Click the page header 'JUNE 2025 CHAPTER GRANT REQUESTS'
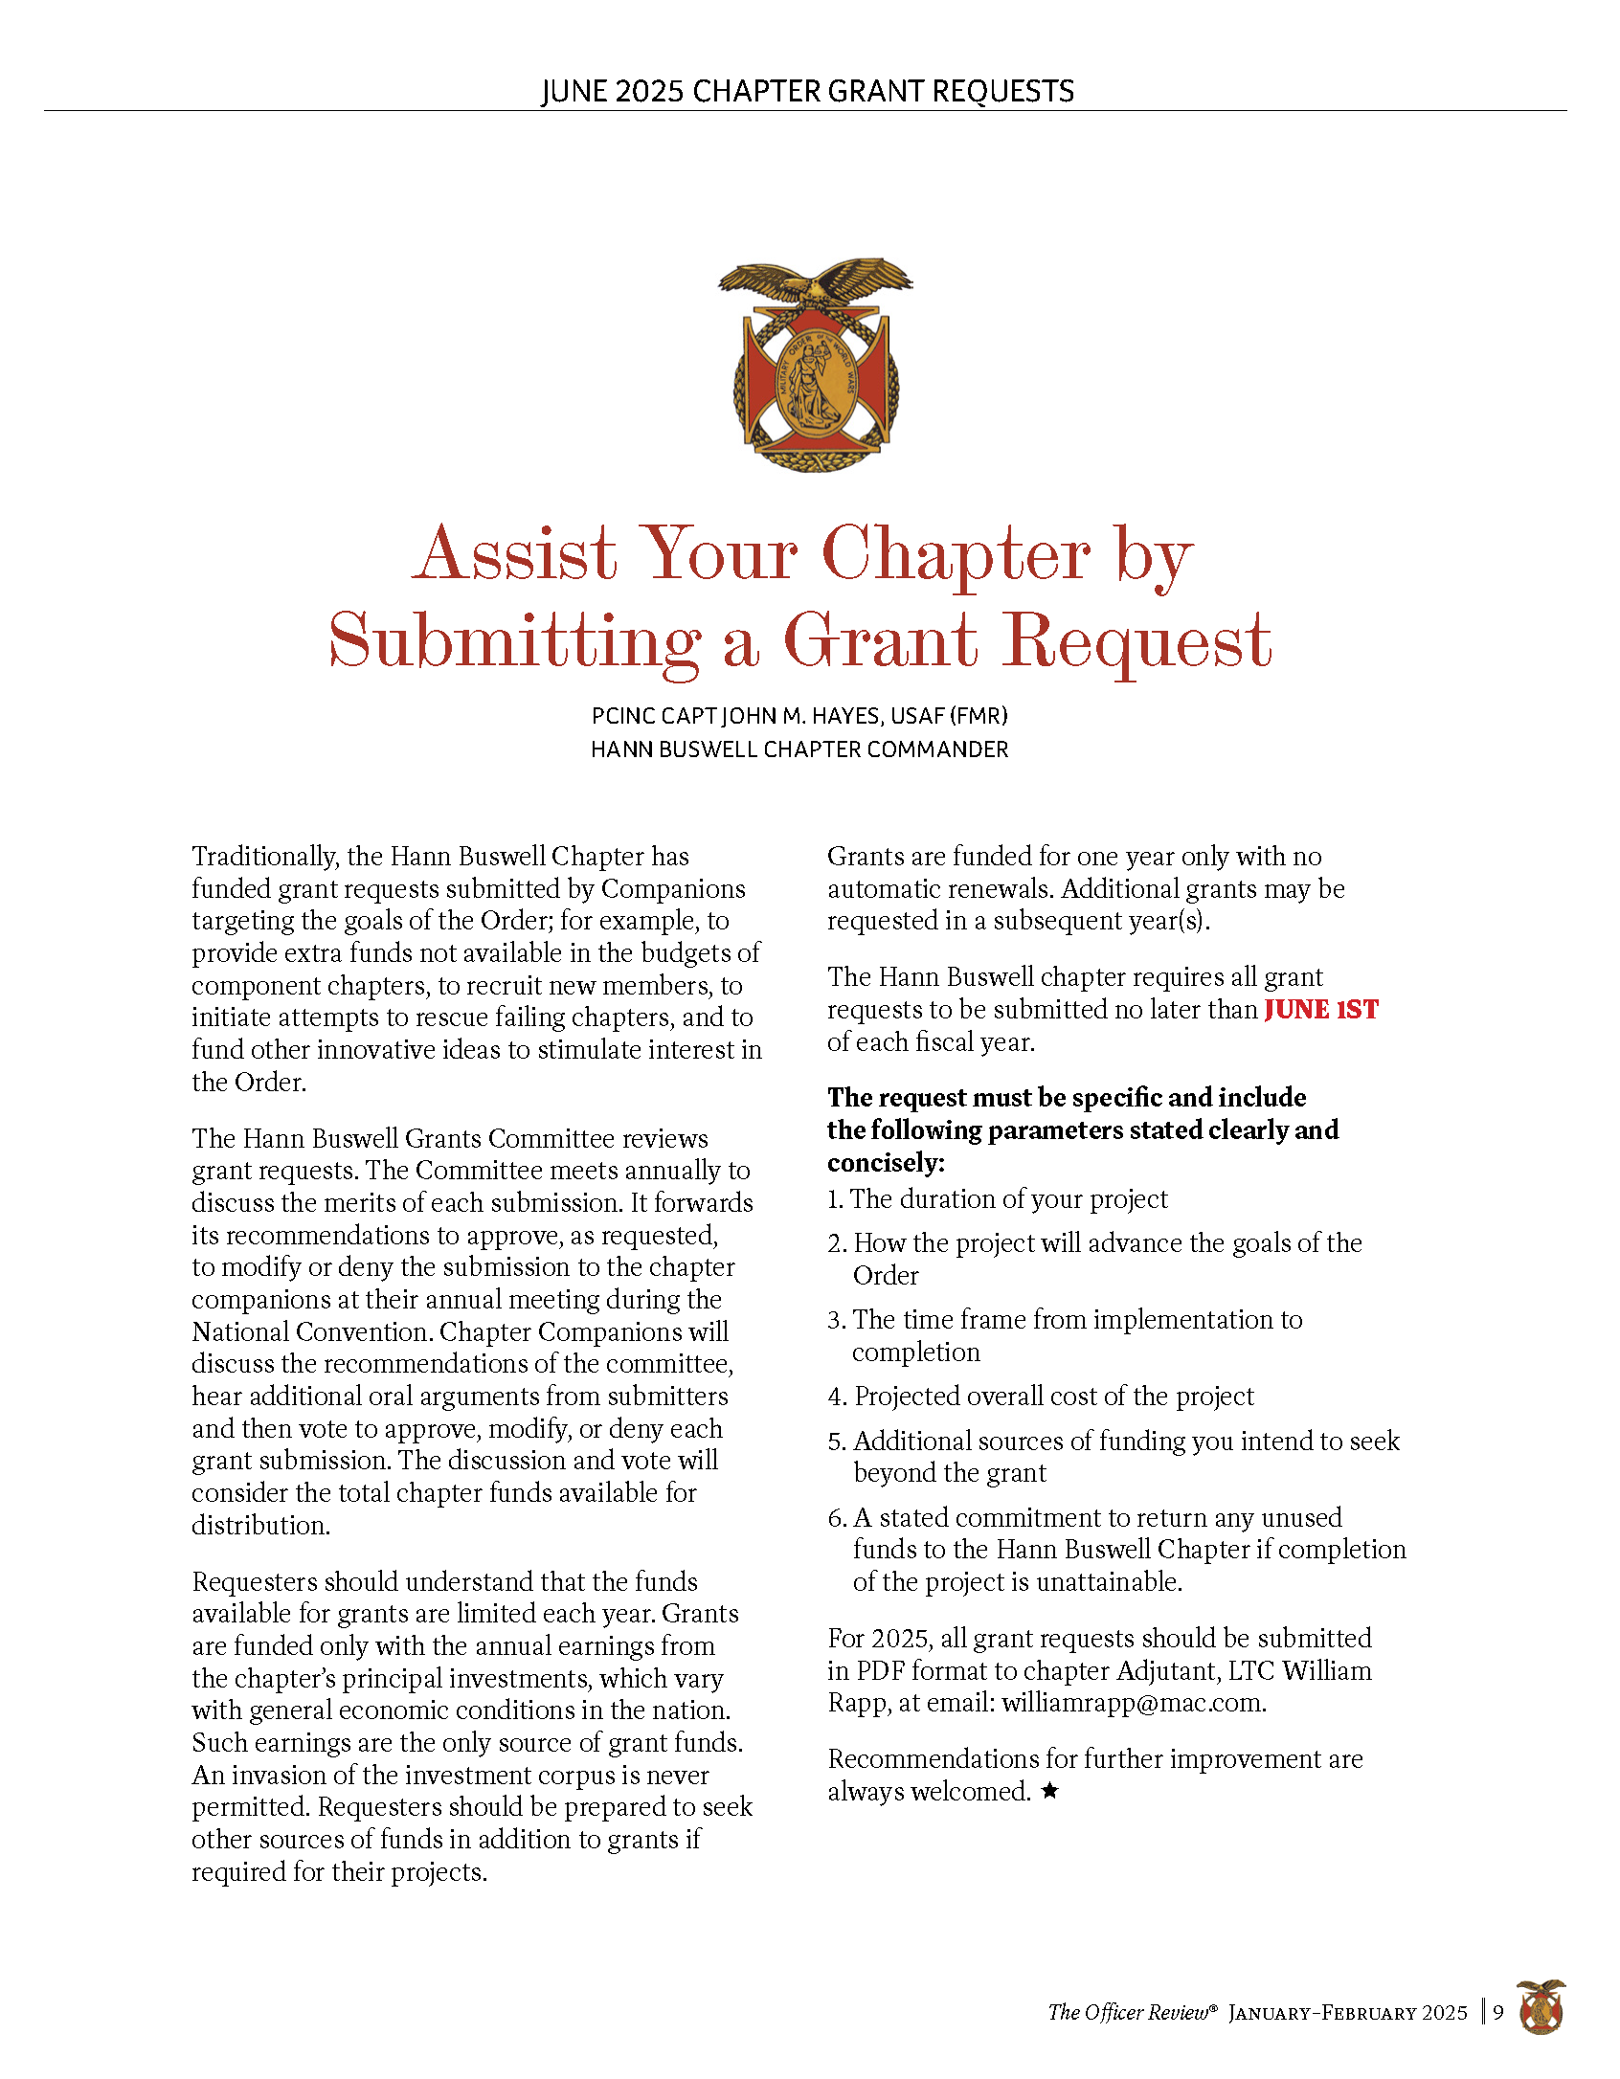807,91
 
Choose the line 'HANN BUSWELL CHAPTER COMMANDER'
799,749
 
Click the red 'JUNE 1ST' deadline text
1320,1010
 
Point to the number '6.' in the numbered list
837,1518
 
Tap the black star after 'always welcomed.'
1050,1790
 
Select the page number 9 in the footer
1498,2012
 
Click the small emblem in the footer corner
1541,2007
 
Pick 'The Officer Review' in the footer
1129,2012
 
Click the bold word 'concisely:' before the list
886,1163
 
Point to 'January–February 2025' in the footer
1347,2012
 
